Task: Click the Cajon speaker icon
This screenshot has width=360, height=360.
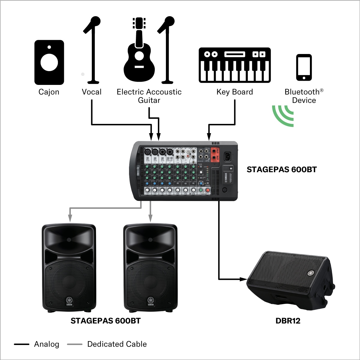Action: (x=49, y=62)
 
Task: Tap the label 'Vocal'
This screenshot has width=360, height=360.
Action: (x=91, y=92)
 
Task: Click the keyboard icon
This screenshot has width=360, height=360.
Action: (x=235, y=65)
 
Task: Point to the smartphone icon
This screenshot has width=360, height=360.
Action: (x=304, y=67)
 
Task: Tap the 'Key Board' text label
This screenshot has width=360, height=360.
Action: (x=235, y=92)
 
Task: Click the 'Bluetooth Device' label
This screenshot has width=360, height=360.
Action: (x=304, y=96)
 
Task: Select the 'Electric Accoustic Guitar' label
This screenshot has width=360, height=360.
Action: (x=149, y=96)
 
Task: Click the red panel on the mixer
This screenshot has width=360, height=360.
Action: (x=215, y=155)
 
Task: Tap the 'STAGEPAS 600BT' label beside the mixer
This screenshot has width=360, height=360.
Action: (x=281, y=169)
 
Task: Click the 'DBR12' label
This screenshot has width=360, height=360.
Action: (x=288, y=321)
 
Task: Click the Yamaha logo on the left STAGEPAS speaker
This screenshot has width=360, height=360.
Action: (x=69, y=301)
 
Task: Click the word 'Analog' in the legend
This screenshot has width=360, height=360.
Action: (x=46, y=344)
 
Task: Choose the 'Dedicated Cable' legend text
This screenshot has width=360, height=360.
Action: (x=117, y=344)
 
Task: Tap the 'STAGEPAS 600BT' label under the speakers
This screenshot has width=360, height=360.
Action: (x=105, y=321)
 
